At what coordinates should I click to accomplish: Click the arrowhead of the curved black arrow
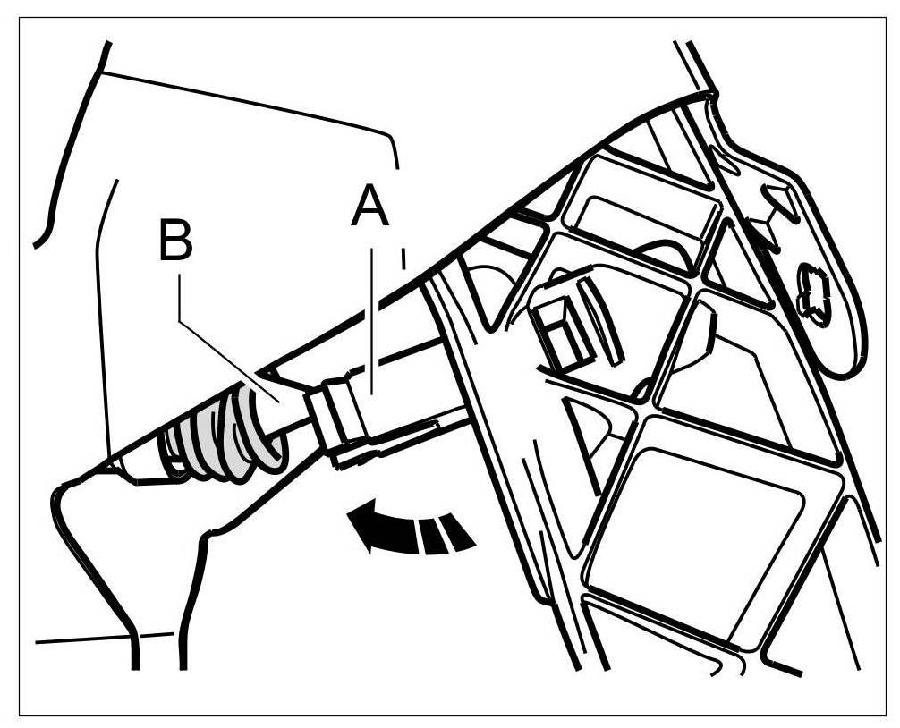pos(366,529)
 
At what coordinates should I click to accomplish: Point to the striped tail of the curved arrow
pos(443,533)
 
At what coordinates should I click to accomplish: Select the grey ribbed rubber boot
pos(220,433)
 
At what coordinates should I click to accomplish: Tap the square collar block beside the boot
pos(340,411)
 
